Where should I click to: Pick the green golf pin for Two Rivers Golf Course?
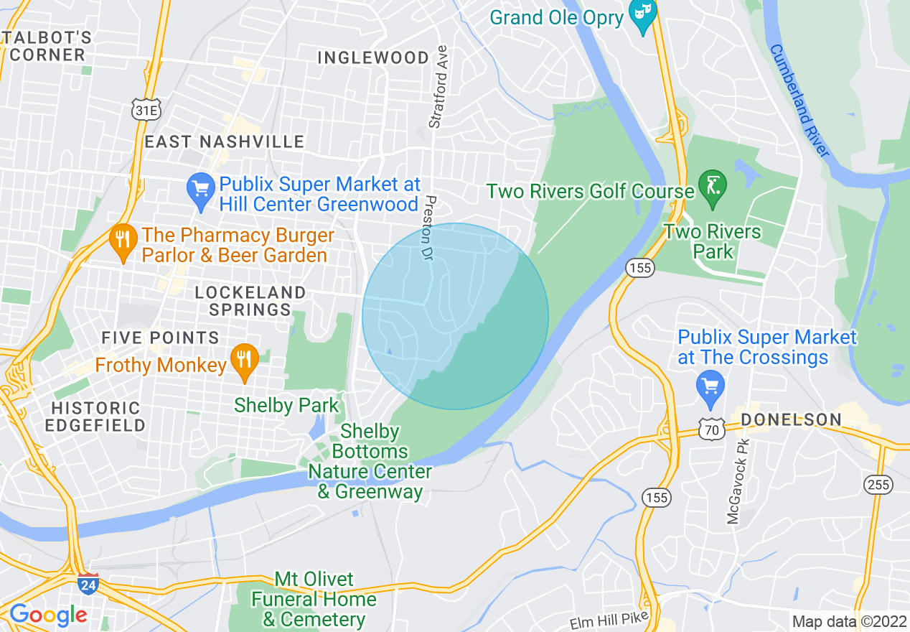[x=712, y=187]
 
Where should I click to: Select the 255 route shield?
[x=878, y=485]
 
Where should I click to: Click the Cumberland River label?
[x=799, y=101]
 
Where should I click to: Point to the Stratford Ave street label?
[x=438, y=87]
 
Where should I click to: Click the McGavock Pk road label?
[x=733, y=480]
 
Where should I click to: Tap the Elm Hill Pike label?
[x=609, y=620]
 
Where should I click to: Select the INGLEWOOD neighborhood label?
[x=373, y=57]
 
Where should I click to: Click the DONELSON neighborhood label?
[x=791, y=419]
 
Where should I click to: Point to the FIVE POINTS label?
[x=160, y=338]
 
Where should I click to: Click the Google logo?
[x=48, y=615]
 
